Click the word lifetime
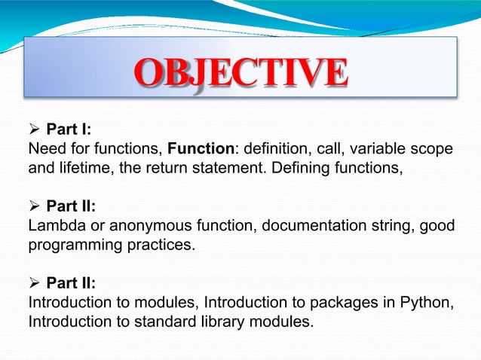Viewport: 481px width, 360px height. coord(88,168)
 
